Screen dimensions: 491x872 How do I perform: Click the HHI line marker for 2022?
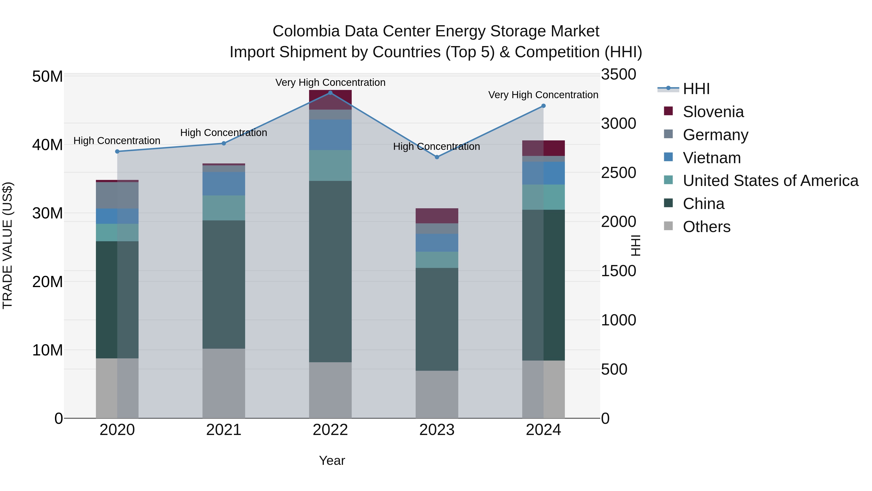[330, 93]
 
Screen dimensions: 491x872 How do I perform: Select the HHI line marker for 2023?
[437, 157]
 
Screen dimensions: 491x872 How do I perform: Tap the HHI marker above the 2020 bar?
[117, 152]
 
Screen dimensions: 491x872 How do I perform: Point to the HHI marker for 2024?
[543, 106]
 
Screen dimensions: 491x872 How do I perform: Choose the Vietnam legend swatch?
[668, 157]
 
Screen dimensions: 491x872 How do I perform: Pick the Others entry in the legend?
[707, 227]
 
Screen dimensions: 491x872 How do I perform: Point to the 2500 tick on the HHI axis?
[618, 173]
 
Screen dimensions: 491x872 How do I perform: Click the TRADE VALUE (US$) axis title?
[8, 245]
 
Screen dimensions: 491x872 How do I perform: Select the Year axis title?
[332, 460]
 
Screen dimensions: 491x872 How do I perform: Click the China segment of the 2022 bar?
[330, 271]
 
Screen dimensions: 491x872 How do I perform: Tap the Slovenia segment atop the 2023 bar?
[437, 216]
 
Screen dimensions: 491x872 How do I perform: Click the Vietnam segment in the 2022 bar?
[330, 135]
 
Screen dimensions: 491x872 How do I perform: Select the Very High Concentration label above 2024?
[543, 95]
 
